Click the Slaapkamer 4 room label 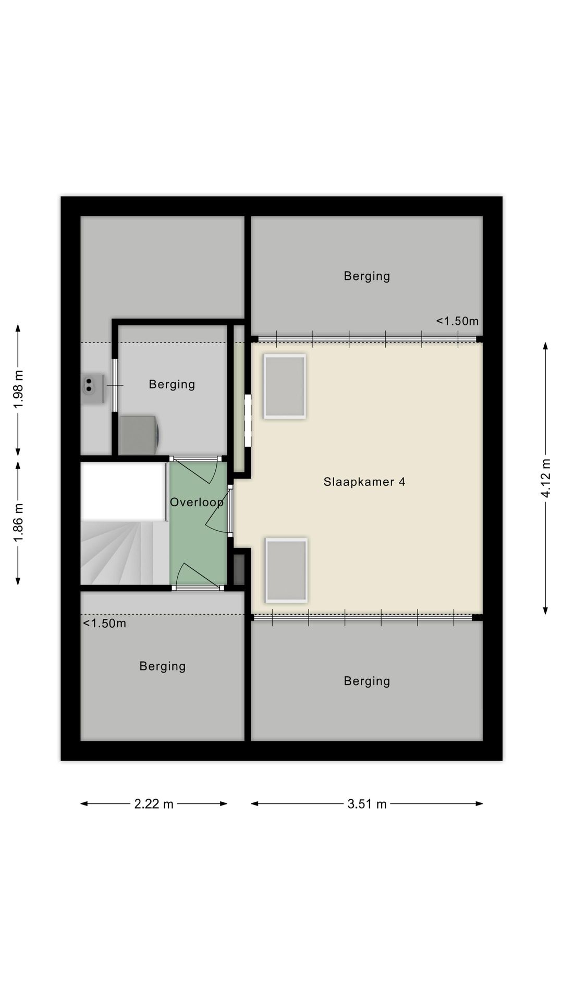pyautogui.click(x=364, y=482)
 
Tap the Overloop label pyautogui.click(x=197, y=502)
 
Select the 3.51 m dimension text pyautogui.click(x=367, y=804)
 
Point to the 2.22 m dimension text pyautogui.click(x=154, y=804)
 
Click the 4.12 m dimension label pyautogui.click(x=546, y=478)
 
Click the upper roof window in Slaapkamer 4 pyautogui.click(x=285, y=386)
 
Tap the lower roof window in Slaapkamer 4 pyautogui.click(x=286, y=570)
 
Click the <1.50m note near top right pyautogui.click(x=457, y=321)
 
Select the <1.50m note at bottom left pyautogui.click(x=105, y=624)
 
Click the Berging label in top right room pyautogui.click(x=367, y=276)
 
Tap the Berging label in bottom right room pyautogui.click(x=367, y=681)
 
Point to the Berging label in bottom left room pyautogui.click(x=163, y=666)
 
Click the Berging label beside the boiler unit pyautogui.click(x=172, y=385)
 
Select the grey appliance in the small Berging pyautogui.click(x=140, y=435)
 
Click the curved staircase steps pyautogui.click(x=125, y=553)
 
